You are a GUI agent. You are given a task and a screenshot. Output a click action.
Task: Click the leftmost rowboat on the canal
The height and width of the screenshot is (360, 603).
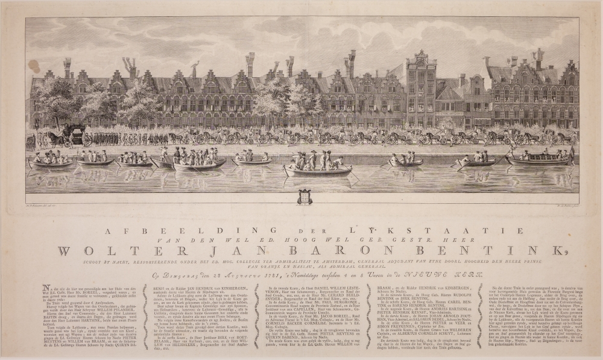click(51, 162)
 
